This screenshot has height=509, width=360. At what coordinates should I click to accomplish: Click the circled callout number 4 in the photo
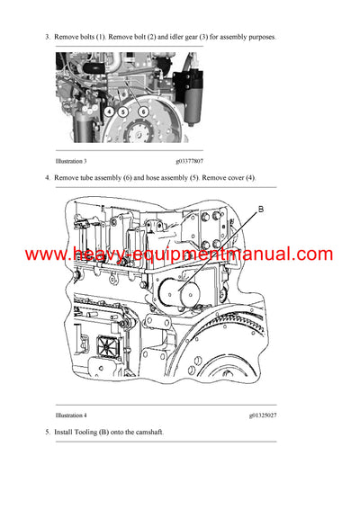[107, 112]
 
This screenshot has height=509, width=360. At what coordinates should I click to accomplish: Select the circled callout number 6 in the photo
[143, 112]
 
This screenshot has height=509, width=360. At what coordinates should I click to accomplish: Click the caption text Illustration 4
[73, 415]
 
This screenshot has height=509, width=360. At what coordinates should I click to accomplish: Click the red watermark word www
[47, 254]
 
